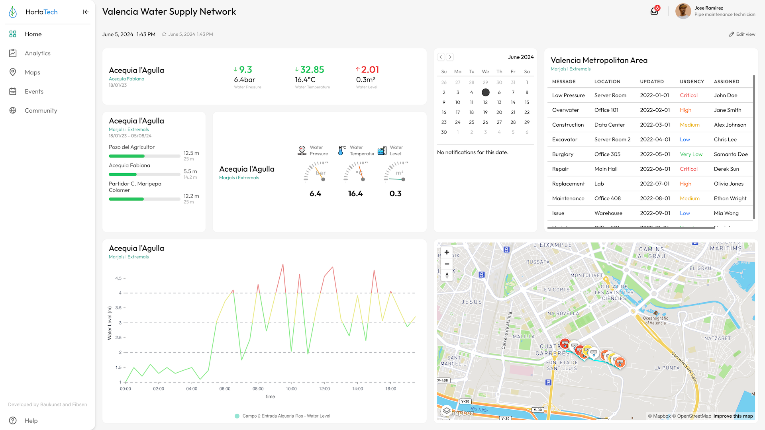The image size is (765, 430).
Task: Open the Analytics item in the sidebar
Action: [37, 53]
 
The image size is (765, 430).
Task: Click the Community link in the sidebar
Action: [41, 111]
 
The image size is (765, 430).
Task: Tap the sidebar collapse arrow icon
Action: [86, 12]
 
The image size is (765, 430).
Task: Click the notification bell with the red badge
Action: [654, 11]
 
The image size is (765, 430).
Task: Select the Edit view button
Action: [742, 34]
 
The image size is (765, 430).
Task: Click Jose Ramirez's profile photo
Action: [683, 11]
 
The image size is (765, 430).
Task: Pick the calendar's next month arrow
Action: [450, 57]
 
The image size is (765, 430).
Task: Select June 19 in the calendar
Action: [485, 112]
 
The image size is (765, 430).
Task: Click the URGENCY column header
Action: [692, 82]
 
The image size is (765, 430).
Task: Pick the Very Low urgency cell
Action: [691, 154]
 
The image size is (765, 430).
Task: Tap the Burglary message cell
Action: [563, 154]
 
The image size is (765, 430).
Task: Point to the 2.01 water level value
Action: [370, 70]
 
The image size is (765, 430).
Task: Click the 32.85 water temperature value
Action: [312, 70]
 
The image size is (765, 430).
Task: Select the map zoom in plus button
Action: [447, 252]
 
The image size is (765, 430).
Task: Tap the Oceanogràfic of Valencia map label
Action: [655, 320]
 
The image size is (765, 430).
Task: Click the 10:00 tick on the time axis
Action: [291, 389]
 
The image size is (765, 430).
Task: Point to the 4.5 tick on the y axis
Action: [118, 278]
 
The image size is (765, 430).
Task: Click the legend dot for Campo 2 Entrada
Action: [237, 416]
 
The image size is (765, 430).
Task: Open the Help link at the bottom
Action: [31, 421]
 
